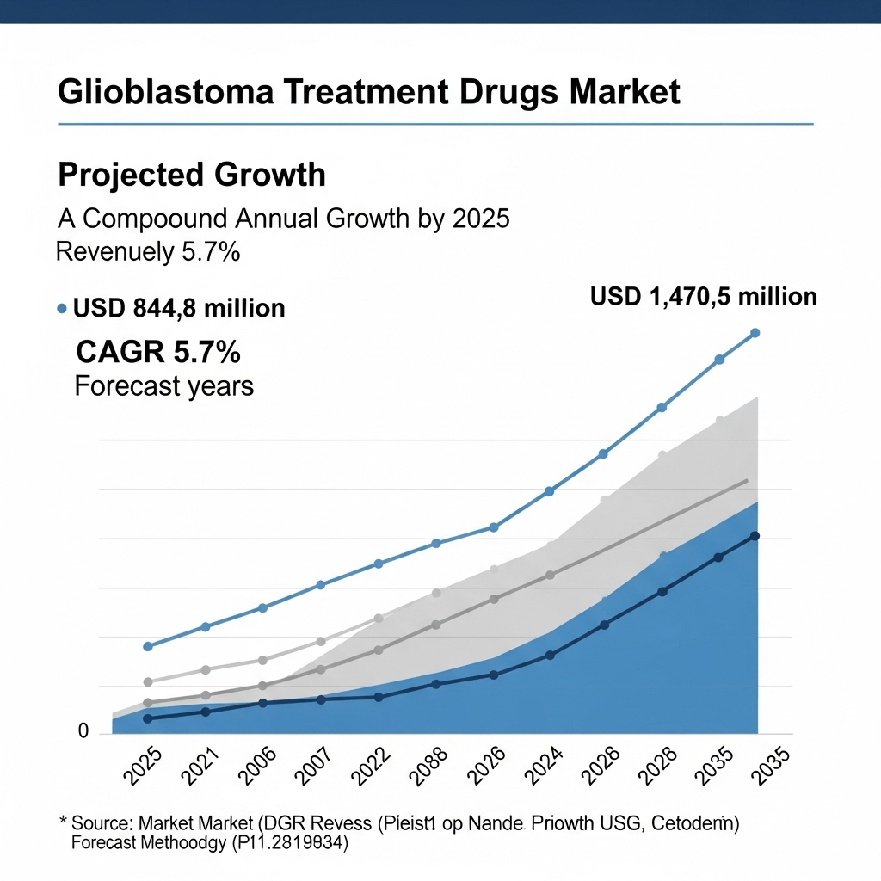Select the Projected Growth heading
click(191, 175)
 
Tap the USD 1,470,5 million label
click(704, 297)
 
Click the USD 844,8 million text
click(179, 308)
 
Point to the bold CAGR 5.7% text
click(158, 352)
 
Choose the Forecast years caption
click(164, 386)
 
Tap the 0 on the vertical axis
click(83, 731)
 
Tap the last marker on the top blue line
click(755, 333)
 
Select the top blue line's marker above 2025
click(147, 646)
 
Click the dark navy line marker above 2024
click(550, 656)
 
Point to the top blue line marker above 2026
click(493, 527)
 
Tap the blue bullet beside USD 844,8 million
click(61, 308)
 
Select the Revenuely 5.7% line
click(147, 253)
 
